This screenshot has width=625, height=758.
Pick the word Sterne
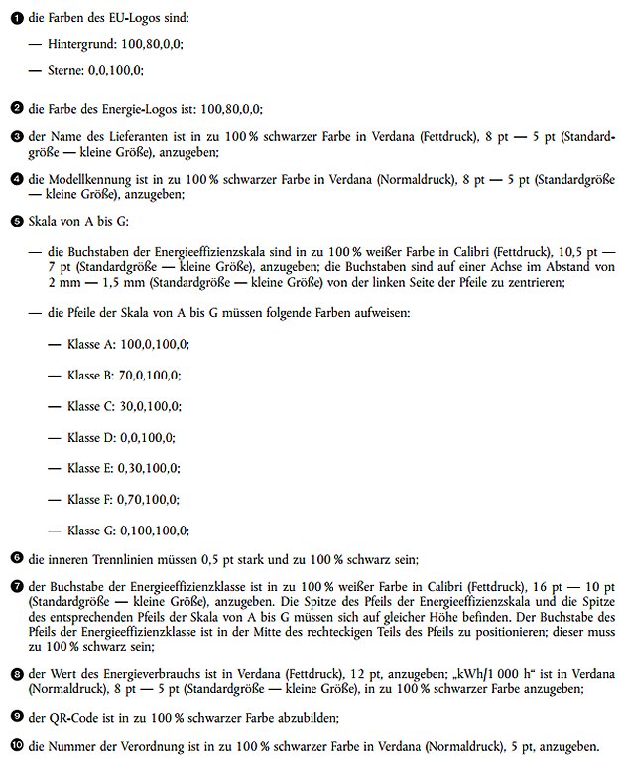(x=66, y=71)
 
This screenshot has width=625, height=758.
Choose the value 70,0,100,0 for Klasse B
(x=150, y=376)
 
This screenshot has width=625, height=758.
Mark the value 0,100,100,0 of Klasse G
(x=154, y=531)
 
